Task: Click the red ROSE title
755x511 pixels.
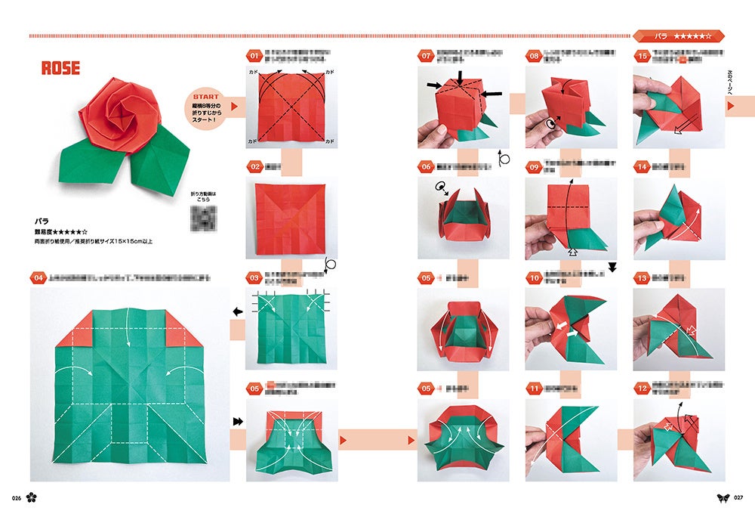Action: (x=60, y=68)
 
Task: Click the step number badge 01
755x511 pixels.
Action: (x=254, y=55)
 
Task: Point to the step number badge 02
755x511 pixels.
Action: (x=254, y=166)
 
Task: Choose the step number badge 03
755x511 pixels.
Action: (x=254, y=278)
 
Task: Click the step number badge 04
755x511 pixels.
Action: (x=39, y=278)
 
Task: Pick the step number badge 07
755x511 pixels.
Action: (x=427, y=55)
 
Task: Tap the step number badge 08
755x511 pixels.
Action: (x=535, y=55)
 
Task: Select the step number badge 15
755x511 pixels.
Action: (x=643, y=55)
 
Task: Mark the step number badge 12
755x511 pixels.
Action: (x=643, y=389)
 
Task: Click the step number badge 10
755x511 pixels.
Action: (x=535, y=278)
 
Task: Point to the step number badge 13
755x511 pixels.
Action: (x=643, y=278)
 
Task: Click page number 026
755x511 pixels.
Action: (x=16, y=497)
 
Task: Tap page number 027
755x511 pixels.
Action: (x=738, y=497)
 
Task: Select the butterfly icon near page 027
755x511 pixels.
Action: (x=723, y=497)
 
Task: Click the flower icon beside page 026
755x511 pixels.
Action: (x=32, y=497)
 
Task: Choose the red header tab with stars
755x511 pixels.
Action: (x=679, y=36)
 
